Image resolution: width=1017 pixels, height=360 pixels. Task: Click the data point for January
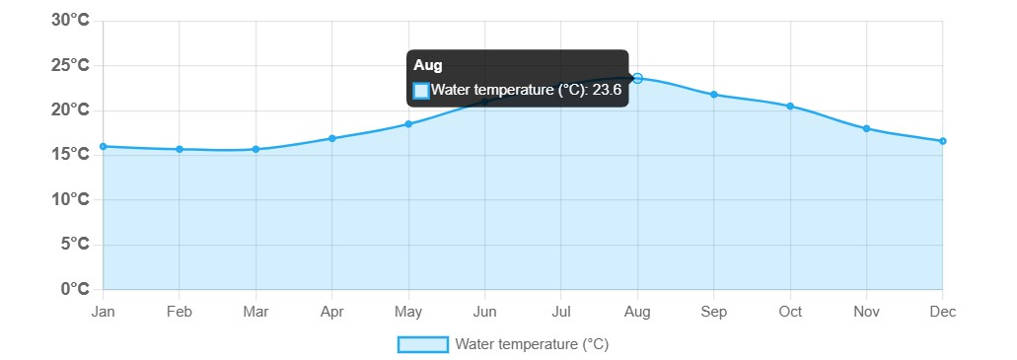[x=104, y=147]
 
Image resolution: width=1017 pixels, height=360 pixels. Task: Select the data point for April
[x=332, y=138]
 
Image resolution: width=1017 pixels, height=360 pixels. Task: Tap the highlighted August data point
[x=637, y=78]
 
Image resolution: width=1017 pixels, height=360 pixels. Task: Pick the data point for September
[x=714, y=95]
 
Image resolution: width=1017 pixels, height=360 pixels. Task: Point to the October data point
[x=790, y=106]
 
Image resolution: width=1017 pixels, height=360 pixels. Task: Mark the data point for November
[x=866, y=128]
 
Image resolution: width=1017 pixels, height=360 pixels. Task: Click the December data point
[x=942, y=141]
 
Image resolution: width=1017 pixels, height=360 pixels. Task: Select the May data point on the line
[x=408, y=124]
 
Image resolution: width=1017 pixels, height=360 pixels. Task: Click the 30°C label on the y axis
[x=71, y=21]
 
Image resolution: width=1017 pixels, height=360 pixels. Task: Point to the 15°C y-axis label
[x=71, y=155]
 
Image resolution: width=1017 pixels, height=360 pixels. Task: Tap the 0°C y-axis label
[x=76, y=289]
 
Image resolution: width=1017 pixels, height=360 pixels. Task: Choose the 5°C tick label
[x=76, y=245]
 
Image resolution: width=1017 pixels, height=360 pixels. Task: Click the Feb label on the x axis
[x=180, y=313]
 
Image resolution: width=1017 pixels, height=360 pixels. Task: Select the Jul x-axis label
[x=561, y=313]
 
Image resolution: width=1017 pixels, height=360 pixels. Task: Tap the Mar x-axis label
[x=255, y=313]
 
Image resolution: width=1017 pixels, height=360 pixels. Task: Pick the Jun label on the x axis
[x=484, y=313]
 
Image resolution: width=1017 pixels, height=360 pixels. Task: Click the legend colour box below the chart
[x=422, y=344]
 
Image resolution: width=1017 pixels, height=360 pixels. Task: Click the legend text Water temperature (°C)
[x=532, y=344]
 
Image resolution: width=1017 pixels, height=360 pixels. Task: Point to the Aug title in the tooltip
[x=428, y=65]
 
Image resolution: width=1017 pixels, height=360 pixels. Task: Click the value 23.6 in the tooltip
[x=607, y=91]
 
